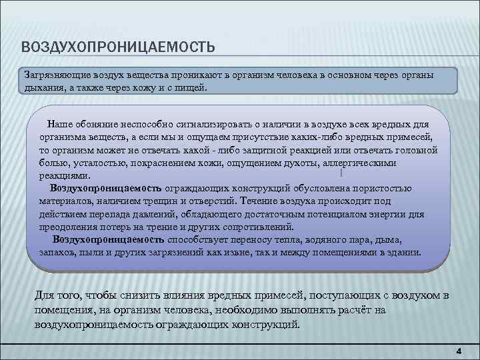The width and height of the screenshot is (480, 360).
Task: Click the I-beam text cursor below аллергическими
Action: [341, 173]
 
